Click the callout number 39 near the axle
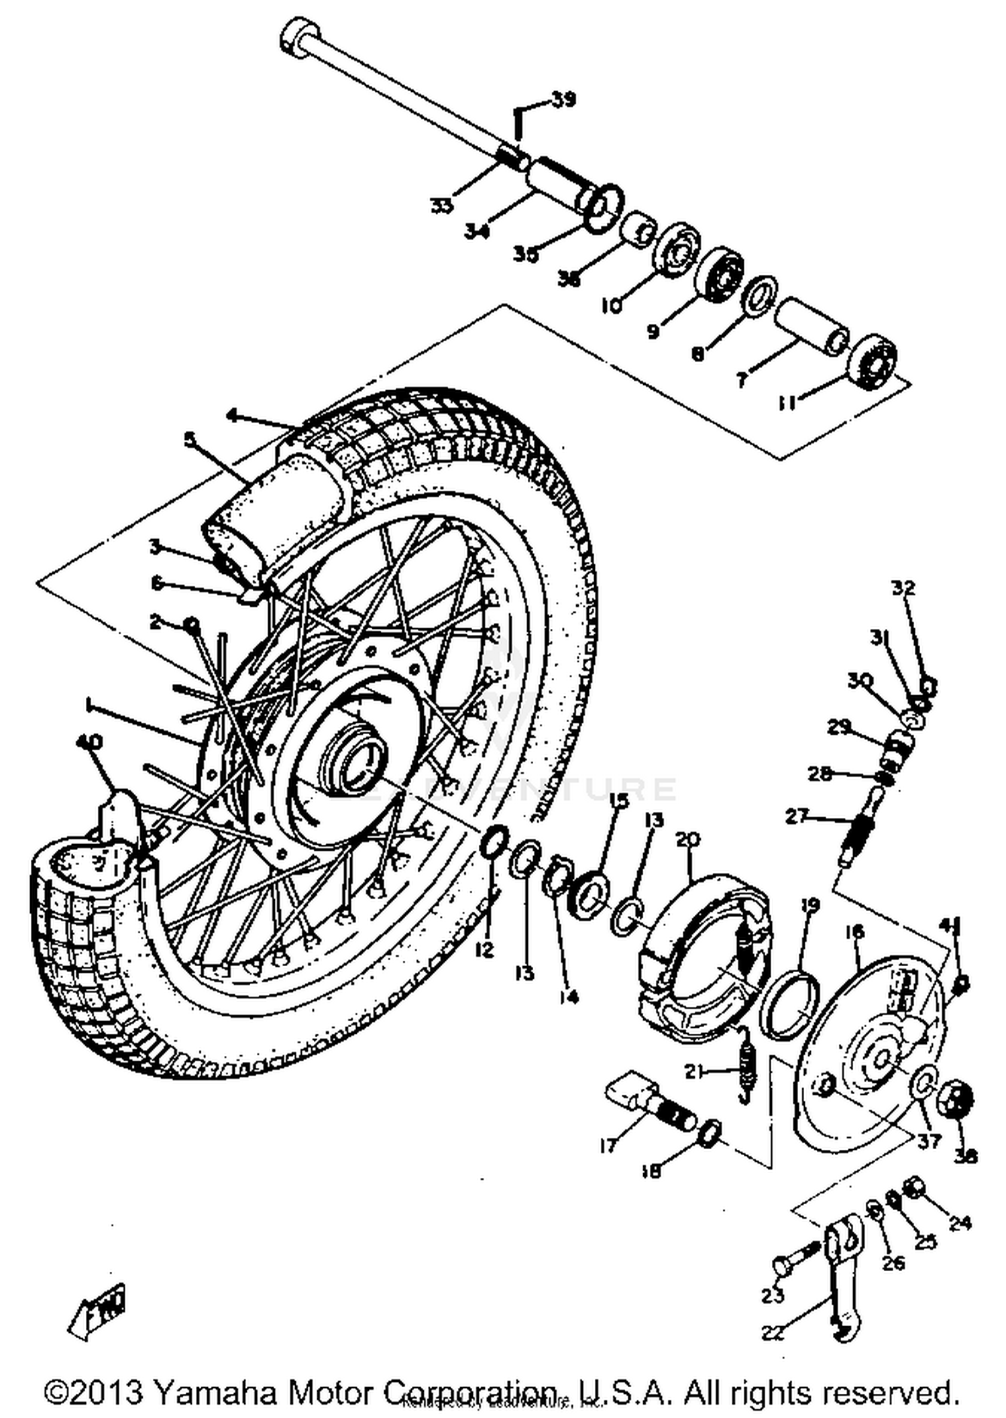(x=563, y=101)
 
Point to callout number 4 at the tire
(x=232, y=416)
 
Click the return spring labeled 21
(x=746, y=1074)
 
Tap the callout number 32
(x=903, y=588)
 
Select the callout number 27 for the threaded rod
(x=796, y=817)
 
